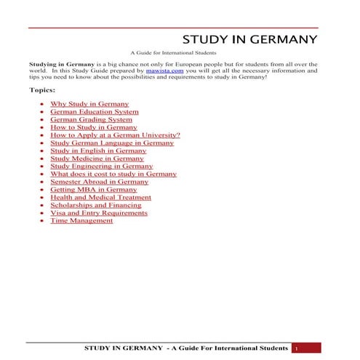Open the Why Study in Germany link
(x=89, y=104)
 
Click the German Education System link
(x=94, y=112)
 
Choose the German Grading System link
(x=91, y=119)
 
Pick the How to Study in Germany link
(x=94, y=127)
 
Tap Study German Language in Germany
(x=112, y=143)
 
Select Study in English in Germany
(x=98, y=151)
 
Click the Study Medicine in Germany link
(x=97, y=159)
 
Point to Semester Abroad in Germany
(x=99, y=182)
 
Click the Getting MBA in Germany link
(x=93, y=189)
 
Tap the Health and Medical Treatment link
(x=100, y=197)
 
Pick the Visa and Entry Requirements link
(x=98, y=213)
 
